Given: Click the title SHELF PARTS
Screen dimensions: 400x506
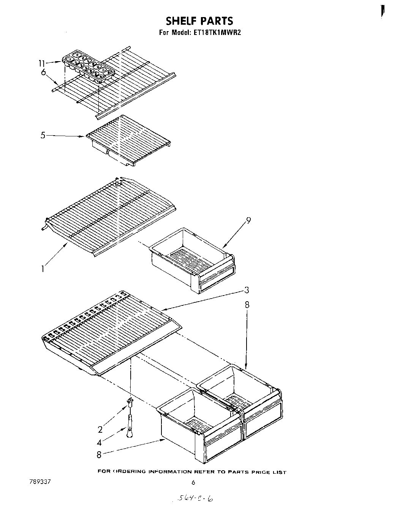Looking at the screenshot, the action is (199, 21).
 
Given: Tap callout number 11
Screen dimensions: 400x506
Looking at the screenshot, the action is (42, 63).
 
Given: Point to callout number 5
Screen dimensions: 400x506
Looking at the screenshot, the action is (43, 135).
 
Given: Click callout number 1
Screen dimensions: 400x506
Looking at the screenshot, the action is (43, 269).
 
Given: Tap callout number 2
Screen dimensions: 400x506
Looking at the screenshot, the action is (100, 430).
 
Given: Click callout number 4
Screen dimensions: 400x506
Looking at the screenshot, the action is (99, 443).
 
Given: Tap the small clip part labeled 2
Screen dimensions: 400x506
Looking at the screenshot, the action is (130, 401).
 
